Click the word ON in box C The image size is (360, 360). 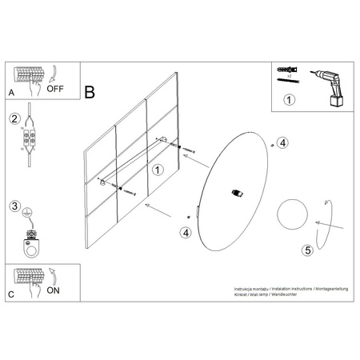(54, 290)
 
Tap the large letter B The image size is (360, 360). (89, 91)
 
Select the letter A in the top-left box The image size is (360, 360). (12, 93)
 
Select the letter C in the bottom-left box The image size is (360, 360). (12, 294)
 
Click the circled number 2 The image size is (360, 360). (14, 119)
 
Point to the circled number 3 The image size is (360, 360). (14, 206)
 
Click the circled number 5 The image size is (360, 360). (307, 250)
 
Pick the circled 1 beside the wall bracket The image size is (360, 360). (158, 170)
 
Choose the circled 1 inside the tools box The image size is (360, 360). (290, 100)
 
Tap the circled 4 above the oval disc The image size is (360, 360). (282, 142)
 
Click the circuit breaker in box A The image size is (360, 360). (29, 75)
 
